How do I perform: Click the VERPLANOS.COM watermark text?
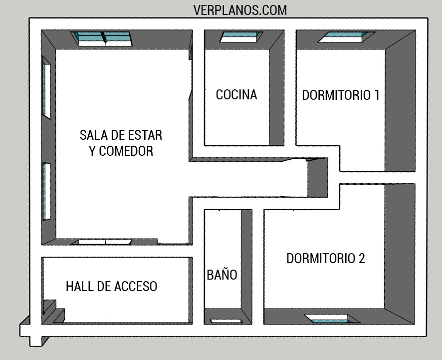click(240, 9)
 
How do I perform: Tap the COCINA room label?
click(236, 95)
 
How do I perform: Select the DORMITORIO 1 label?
click(341, 95)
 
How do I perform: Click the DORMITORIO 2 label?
click(326, 258)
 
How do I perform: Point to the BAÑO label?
click(222, 275)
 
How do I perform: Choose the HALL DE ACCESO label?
click(112, 287)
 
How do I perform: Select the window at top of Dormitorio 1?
click(347, 36)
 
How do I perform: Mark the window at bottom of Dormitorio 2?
click(332, 318)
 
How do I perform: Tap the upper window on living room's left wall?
click(46, 90)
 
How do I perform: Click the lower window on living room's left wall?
click(46, 191)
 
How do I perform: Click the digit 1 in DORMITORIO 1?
click(376, 95)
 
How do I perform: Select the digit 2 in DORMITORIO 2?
click(361, 258)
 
